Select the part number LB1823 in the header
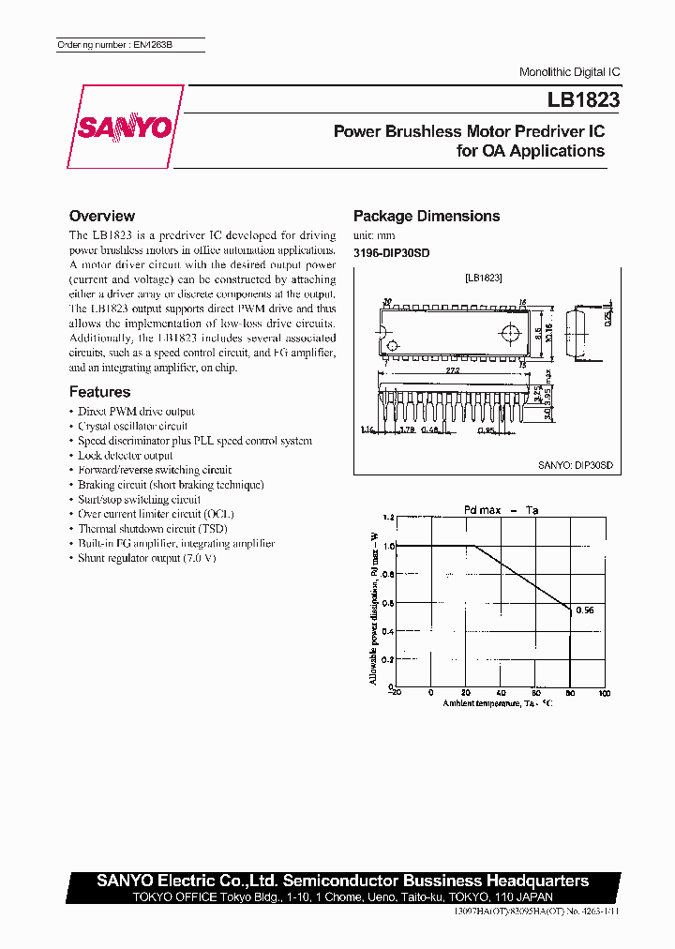(583, 98)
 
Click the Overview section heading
(102, 216)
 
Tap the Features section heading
(99, 392)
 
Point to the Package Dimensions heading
(426, 216)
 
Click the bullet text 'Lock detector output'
(125, 456)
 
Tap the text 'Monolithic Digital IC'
(569, 72)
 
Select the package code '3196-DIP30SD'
(391, 252)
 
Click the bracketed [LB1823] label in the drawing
(483, 279)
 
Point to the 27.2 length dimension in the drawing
(454, 371)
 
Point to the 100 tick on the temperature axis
(605, 693)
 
